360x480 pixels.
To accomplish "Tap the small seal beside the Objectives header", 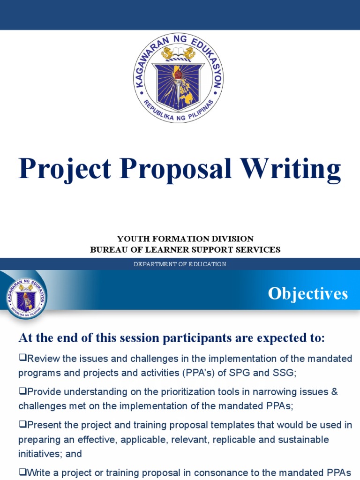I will coord(26,295).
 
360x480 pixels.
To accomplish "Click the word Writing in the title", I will coord(292,169).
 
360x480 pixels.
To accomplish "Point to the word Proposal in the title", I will coord(176,169).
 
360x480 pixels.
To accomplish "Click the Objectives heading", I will coord(307,294).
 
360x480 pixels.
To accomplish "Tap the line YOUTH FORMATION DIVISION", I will coord(185,239).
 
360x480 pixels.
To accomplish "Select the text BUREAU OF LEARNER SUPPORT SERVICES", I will coord(185,250).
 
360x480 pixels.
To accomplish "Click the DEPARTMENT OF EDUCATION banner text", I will coord(180,264).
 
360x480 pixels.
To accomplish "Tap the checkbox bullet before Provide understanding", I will coord(22,391).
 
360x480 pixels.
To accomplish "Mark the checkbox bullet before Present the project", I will coord(22,424).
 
